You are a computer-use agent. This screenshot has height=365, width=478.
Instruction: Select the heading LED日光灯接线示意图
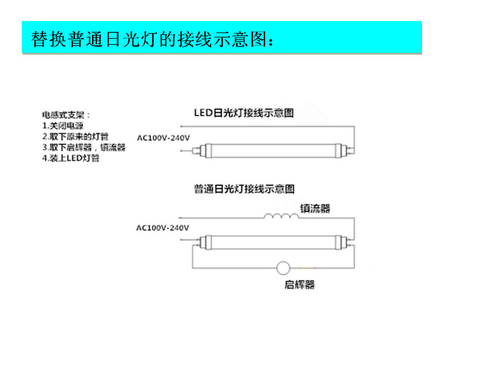point(244,113)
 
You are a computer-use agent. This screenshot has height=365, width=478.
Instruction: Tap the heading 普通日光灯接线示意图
point(244,189)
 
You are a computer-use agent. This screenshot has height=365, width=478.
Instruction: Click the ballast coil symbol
point(280,215)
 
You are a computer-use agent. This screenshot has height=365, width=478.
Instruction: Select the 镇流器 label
point(315,209)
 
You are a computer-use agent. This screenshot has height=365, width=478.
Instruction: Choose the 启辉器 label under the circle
point(300,285)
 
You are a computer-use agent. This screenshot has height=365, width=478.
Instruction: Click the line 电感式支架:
point(66,115)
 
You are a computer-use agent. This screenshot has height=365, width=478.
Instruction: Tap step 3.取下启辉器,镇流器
point(84,147)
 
